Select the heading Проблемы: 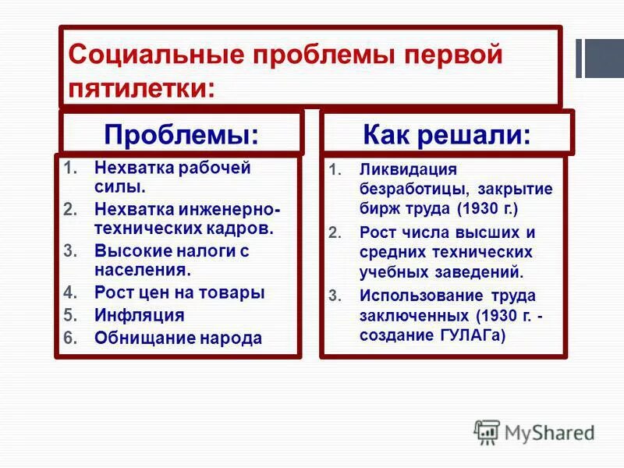(x=181, y=134)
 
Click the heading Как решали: (x=447, y=134)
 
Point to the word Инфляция (x=139, y=315)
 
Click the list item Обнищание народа (x=178, y=338)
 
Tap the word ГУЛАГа (x=467, y=335)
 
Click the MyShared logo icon (x=487, y=432)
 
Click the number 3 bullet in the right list (x=335, y=296)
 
